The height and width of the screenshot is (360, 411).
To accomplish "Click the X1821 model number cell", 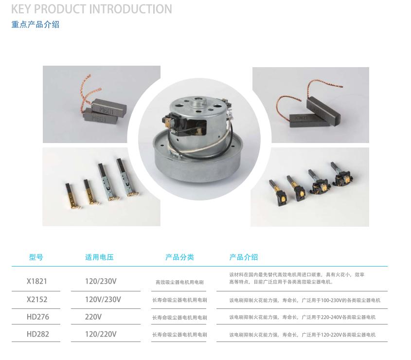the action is coord(36,281).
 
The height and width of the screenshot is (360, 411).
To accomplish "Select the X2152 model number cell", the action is coord(37,299).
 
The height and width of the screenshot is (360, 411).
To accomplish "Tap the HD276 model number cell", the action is coord(38,317).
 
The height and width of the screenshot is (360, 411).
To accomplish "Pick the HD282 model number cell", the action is coord(38,334).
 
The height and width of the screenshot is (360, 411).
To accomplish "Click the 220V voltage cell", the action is coord(93,317).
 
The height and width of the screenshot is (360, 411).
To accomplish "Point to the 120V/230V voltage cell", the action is coord(103,299).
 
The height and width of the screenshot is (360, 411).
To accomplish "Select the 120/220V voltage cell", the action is coord(100,334).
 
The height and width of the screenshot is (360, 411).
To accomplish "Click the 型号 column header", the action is coord(36,257).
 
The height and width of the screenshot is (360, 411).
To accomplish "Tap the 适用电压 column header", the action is coord(99,257).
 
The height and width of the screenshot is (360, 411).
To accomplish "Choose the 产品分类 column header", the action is coord(179,257).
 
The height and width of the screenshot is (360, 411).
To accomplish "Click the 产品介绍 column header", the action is coord(244,257).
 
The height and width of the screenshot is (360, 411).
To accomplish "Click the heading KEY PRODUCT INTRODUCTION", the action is coord(91,9).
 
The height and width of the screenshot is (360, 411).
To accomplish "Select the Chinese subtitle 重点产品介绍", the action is coord(36,24).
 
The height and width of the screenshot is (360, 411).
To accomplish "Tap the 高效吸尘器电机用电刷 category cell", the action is coord(179,282).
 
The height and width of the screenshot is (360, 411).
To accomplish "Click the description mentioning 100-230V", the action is coord(304,300).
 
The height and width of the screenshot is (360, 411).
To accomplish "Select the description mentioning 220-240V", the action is coord(302,317).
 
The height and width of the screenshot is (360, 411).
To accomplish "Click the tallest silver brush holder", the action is coord(127,178).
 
